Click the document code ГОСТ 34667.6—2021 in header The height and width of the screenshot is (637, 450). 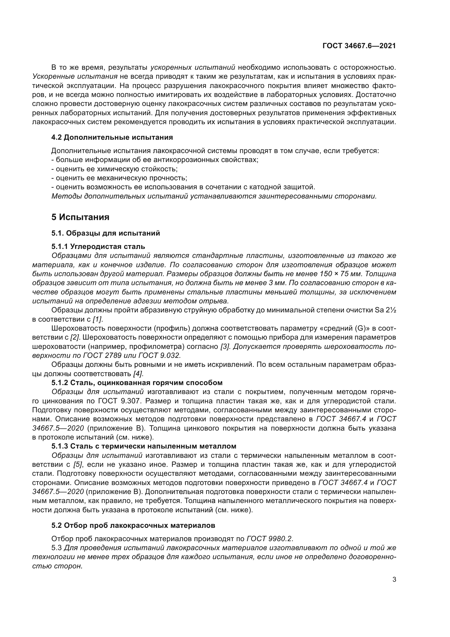[x=359, y=46]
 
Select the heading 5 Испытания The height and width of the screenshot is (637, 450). [x=80, y=217]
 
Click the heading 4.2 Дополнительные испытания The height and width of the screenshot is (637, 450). [x=112, y=137]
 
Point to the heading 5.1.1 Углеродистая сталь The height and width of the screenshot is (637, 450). [x=98, y=246]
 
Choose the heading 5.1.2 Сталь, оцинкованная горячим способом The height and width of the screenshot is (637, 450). [x=137, y=383]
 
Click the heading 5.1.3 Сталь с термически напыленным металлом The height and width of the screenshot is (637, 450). [x=144, y=446]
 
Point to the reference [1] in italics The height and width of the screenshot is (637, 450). [x=97, y=319]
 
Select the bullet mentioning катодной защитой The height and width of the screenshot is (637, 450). [x=183, y=187]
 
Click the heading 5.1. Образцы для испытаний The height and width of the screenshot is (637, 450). [x=106, y=233]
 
